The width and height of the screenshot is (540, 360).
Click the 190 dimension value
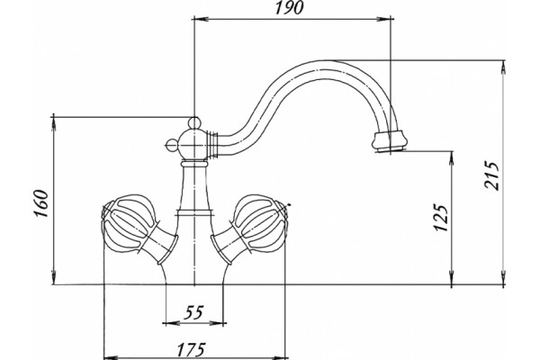click(x=289, y=8)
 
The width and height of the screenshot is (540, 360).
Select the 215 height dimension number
click(x=491, y=175)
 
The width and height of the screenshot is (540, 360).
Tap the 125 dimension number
click(x=441, y=218)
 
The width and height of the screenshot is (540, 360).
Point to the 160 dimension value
click(x=41, y=203)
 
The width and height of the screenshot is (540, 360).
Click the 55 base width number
click(x=193, y=312)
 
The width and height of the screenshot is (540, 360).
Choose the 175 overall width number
click(x=192, y=350)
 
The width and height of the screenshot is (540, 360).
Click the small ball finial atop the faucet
click(x=194, y=122)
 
